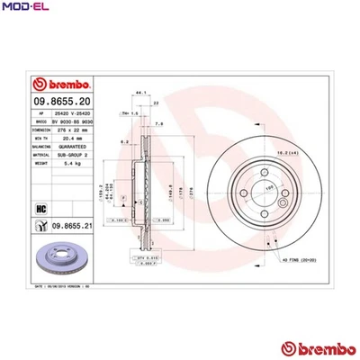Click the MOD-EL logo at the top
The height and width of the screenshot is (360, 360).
pos(25,8)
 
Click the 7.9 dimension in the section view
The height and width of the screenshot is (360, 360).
pos(159,123)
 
